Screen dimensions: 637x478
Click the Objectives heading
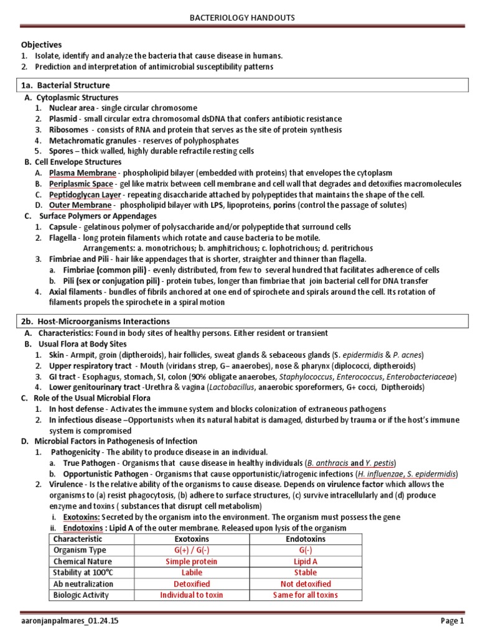click(x=42, y=45)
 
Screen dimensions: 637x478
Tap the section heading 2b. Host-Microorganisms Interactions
click(x=95, y=321)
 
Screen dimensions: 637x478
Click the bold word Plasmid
click(x=63, y=119)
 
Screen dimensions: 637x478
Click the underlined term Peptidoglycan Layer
click(x=85, y=194)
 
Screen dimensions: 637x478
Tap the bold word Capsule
click(x=64, y=227)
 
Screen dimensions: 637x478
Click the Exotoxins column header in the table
click(x=192, y=539)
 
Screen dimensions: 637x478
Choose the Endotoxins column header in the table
click(x=305, y=539)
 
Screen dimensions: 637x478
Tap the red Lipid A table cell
click(x=305, y=561)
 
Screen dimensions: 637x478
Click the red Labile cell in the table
click(x=192, y=572)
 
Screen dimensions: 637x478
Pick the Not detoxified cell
click(x=305, y=584)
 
